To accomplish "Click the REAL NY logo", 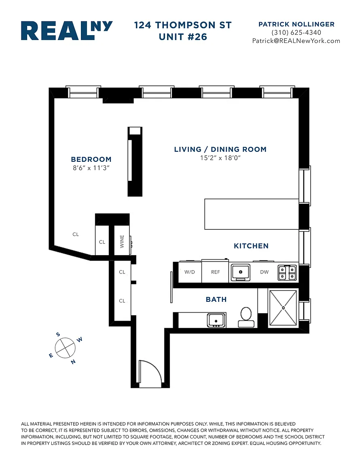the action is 67,30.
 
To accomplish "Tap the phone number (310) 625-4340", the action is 296,32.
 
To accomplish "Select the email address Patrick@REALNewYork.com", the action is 296,41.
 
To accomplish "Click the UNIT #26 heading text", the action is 183,37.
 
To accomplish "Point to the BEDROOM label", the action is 91,159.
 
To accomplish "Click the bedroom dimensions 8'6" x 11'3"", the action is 91,167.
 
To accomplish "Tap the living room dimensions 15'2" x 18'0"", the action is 220,158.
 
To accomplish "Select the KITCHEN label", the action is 251,246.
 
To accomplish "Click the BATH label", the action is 216,299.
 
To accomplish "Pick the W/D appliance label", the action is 190,272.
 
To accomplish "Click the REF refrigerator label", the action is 216,272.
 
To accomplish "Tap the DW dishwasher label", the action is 264,272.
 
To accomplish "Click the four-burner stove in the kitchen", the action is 287,273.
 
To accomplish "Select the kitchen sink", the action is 241,272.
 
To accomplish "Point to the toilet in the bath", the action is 246,318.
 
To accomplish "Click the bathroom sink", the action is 216,320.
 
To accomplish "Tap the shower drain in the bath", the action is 283,308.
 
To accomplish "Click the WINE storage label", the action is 122,241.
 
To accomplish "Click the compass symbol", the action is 65,348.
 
